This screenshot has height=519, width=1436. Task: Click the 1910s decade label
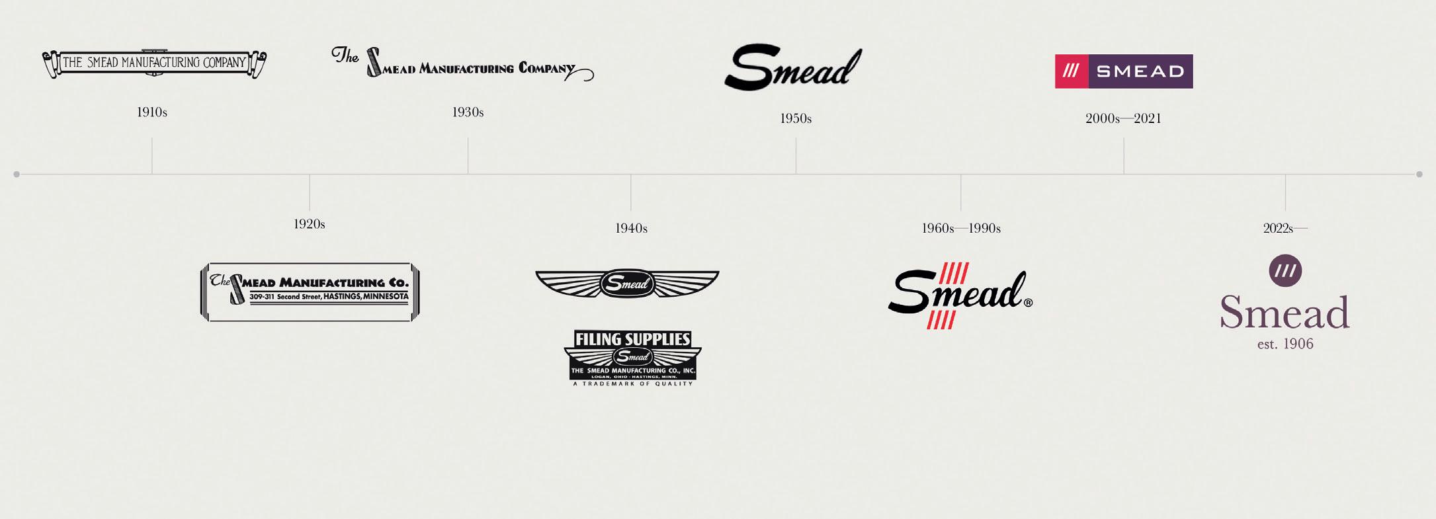click(151, 112)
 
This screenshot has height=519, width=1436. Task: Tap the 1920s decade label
click(309, 224)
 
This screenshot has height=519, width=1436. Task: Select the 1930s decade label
click(468, 112)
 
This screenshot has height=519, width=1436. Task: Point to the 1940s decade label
click(631, 228)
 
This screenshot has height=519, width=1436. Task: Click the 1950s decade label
click(795, 118)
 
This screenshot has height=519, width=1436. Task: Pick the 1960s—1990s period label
click(960, 228)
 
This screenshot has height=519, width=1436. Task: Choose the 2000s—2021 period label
click(1123, 118)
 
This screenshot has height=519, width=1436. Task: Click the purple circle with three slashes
click(1285, 270)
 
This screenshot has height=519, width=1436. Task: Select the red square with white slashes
click(1071, 71)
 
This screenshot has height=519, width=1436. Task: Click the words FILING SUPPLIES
click(632, 339)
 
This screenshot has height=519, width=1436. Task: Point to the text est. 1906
click(1285, 344)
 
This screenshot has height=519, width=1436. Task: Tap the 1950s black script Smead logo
click(792, 67)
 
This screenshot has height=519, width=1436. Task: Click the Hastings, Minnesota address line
click(329, 297)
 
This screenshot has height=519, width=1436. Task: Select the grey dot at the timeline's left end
click(17, 175)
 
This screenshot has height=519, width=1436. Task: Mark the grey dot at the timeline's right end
click(1419, 175)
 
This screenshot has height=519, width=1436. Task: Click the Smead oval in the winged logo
click(627, 284)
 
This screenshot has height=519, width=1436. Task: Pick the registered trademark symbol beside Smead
click(1028, 303)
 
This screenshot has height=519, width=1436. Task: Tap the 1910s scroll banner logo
click(154, 63)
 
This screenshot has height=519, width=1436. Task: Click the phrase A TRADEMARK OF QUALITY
click(632, 383)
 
